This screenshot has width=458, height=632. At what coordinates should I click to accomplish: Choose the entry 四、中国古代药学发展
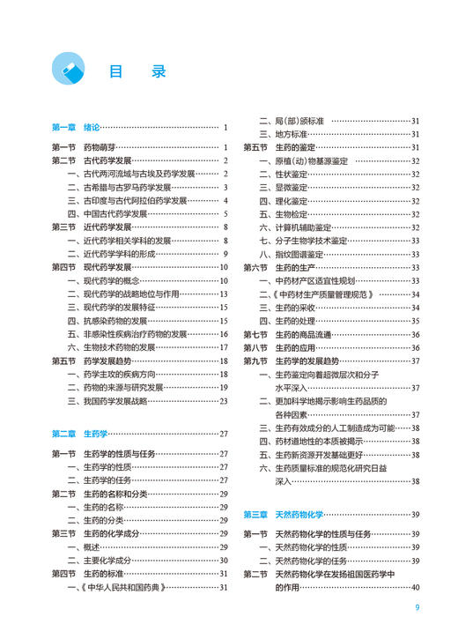[107, 214]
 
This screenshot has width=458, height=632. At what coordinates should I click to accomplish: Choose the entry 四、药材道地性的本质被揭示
[313, 441]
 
